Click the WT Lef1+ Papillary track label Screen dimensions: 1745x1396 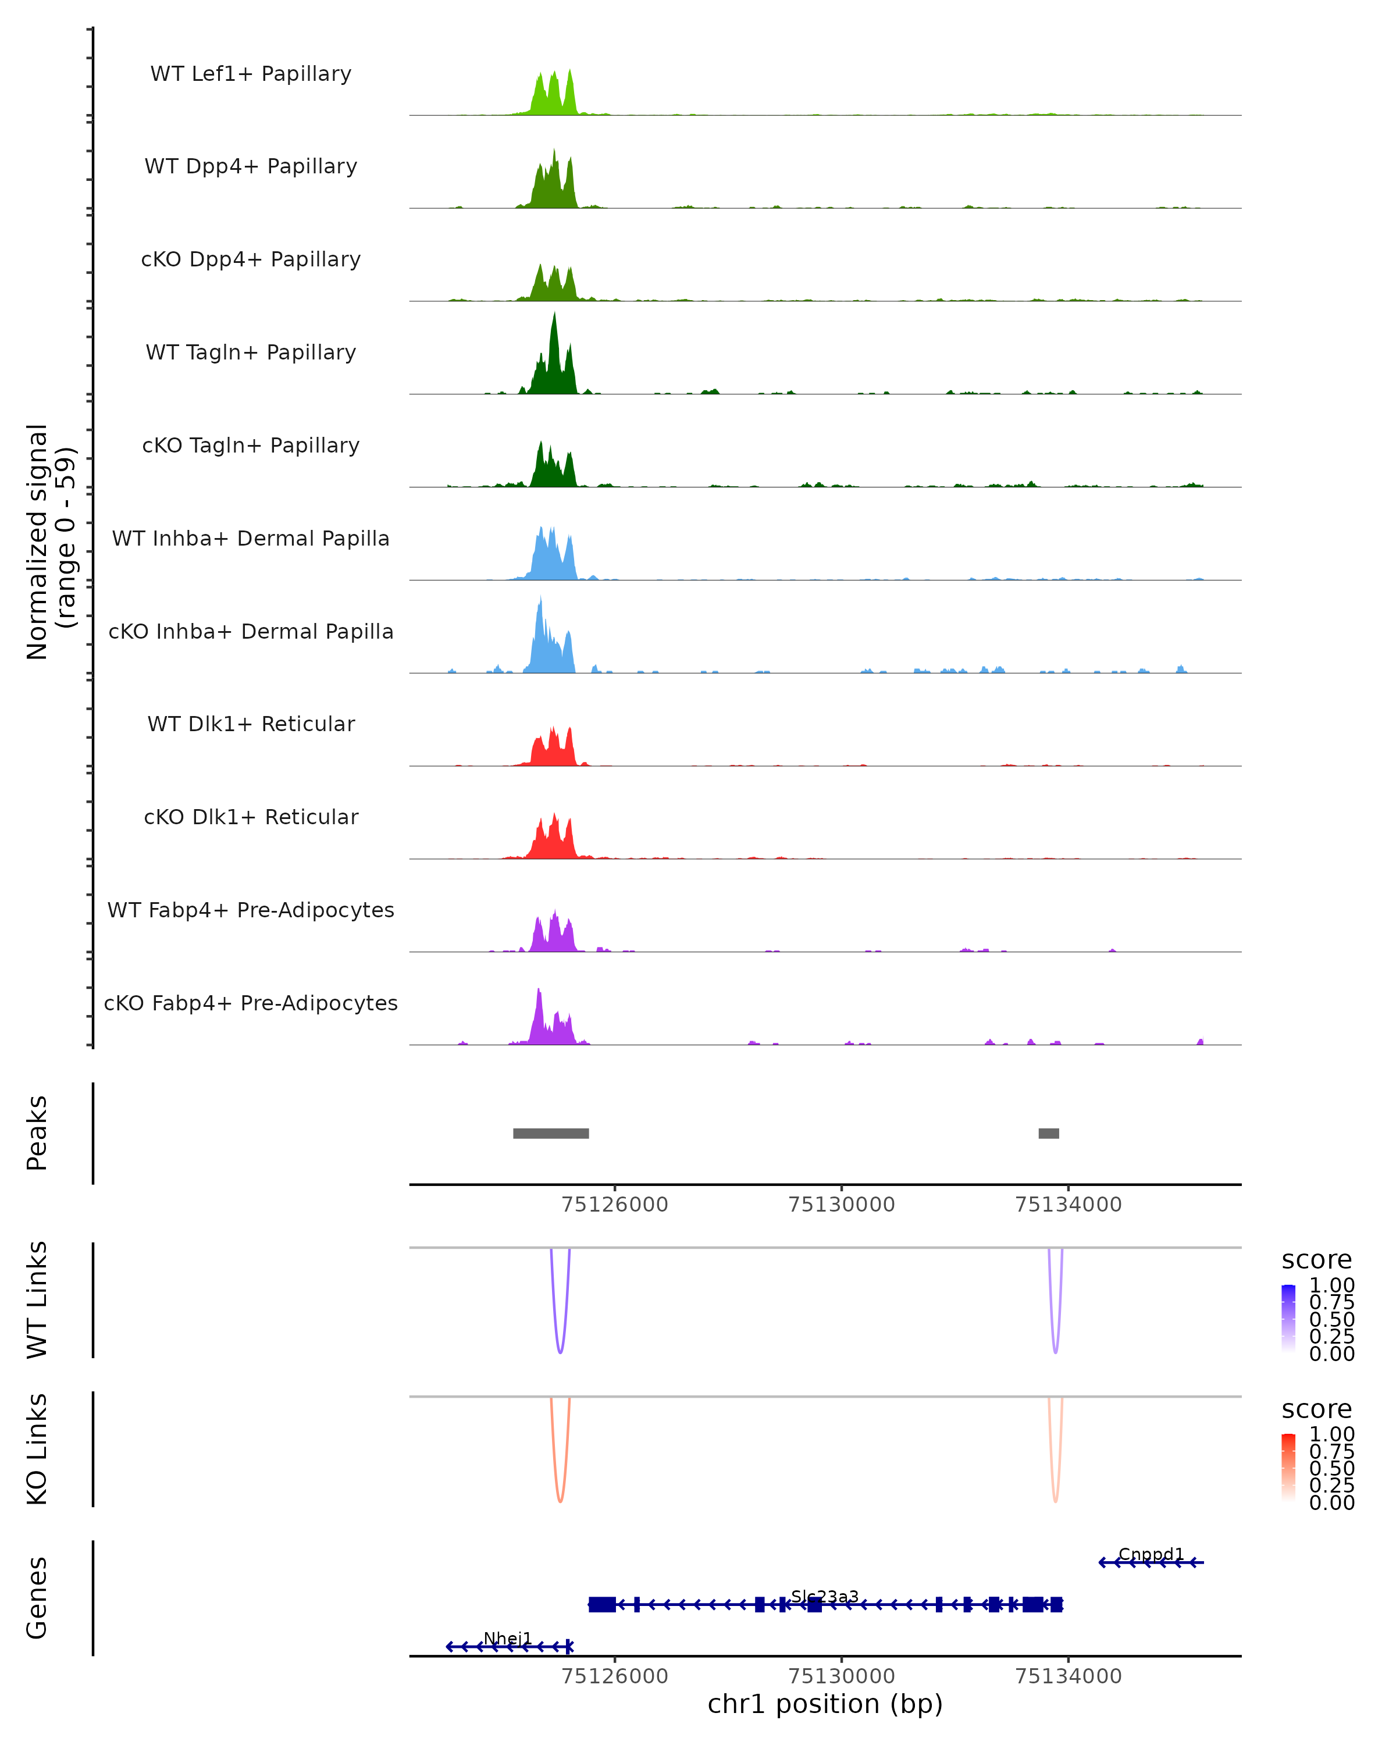(251, 74)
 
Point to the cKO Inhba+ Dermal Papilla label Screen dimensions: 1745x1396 (251, 631)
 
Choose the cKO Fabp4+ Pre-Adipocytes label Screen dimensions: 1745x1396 (251, 1003)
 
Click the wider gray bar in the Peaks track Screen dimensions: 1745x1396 (550, 1133)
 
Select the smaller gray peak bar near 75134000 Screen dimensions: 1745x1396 (1048, 1133)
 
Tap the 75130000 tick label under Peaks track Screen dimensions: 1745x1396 (841, 1205)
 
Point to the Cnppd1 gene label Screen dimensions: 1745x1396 (1150, 1555)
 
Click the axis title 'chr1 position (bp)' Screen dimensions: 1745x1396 (825, 1704)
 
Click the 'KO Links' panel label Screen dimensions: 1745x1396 (37, 1449)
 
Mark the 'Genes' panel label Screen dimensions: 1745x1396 (37, 1598)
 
